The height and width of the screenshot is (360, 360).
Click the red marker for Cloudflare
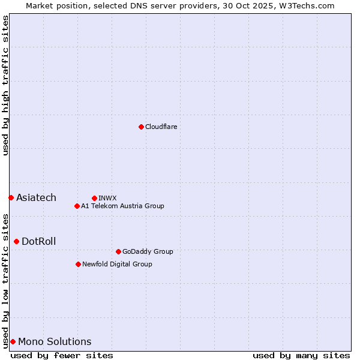141,127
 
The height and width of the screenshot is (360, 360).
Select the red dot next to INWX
94,198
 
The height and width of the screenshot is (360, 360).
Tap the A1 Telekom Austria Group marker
77,206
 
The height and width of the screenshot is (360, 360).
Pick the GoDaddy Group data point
118,251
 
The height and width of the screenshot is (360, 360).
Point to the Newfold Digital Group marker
78,264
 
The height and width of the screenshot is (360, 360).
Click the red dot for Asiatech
11,197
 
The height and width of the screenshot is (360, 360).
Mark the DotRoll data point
16,241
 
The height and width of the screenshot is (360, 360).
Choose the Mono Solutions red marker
13,341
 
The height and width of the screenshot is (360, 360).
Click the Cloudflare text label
161,127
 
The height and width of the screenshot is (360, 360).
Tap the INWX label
107,198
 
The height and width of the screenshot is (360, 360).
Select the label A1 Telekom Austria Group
122,206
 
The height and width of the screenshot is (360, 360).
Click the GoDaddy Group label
147,251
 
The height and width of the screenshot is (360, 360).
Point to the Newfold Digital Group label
117,264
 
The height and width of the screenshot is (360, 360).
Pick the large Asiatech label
36,197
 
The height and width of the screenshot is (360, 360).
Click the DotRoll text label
38,241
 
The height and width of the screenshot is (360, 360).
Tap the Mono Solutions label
55,341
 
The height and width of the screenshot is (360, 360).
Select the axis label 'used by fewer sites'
62,355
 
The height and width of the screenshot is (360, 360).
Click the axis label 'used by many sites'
301,355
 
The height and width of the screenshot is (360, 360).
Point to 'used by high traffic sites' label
5,85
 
